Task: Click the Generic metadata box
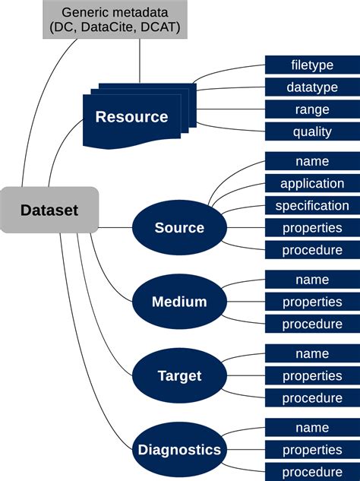coord(115,19)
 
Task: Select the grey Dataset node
coord(49,210)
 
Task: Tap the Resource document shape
coord(140,116)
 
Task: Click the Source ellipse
coord(179,228)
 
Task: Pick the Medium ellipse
coord(179,302)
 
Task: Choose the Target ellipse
coord(179,375)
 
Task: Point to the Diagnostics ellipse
coord(179,450)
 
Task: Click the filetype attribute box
coord(312,65)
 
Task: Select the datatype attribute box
coord(312,87)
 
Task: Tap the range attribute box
coord(312,109)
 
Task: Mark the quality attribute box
coord(312,131)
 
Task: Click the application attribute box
coord(312,183)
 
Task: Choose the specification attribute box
coord(312,205)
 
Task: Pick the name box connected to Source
coord(312,161)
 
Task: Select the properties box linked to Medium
coord(312,302)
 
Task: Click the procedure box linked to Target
coord(312,398)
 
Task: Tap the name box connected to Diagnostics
coord(312,428)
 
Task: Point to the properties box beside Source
coord(312,228)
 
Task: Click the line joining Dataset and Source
coord(115,228)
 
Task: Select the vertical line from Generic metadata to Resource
coord(140,61)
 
